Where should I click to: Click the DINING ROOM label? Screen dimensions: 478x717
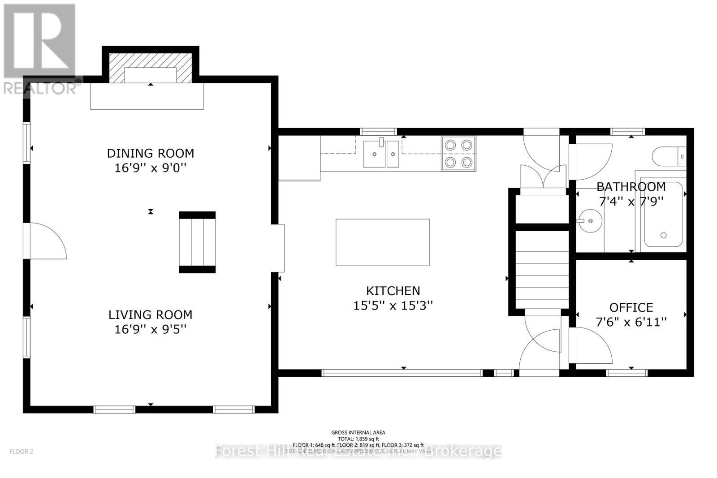(150, 153)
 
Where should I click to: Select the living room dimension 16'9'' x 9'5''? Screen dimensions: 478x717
(150, 329)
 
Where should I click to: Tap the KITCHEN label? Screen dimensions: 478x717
(393, 291)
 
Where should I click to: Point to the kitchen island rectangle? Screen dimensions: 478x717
(382, 242)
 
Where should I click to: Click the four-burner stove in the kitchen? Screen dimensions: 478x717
(458, 154)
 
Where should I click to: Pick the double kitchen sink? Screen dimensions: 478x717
(381, 154)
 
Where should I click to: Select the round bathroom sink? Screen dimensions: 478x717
(590, 221)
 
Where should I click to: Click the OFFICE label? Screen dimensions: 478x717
(631, 307)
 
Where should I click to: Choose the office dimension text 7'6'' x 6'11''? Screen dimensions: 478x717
(631, 322)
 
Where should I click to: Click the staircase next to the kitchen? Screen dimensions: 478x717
(541, 269)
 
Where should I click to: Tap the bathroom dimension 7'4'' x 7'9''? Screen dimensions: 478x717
(631, 201)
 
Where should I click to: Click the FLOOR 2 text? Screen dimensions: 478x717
(22, 452)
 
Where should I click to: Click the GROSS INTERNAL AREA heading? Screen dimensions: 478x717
(358, 432)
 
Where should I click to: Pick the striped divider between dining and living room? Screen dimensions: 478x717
(197, 242)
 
